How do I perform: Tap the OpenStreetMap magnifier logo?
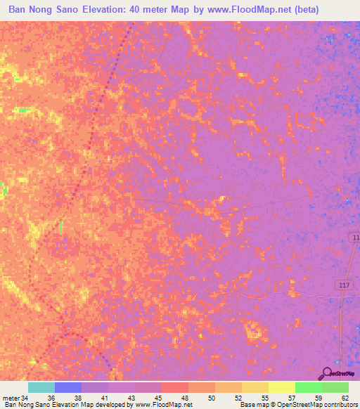tap(328, 373)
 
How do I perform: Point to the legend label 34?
tap(26, 397)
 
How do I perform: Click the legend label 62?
tap(345, 397)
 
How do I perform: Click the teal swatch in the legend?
tap(41, 387)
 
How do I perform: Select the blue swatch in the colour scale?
tap(68, 387)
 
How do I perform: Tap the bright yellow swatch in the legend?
tap(281, 387)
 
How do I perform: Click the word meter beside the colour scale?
tap(11, 397)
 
